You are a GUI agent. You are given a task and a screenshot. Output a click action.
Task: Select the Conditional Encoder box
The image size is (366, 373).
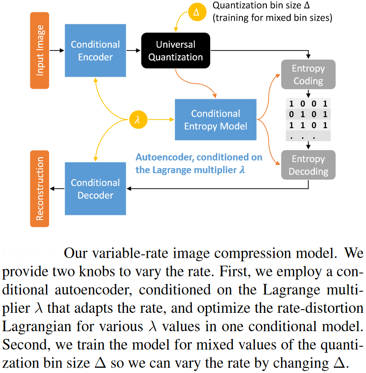95,51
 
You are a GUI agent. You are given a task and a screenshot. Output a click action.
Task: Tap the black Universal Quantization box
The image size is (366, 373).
175,51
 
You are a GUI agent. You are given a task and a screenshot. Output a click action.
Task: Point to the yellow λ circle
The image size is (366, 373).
137,120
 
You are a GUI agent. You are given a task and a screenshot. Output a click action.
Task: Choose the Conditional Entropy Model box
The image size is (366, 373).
215,120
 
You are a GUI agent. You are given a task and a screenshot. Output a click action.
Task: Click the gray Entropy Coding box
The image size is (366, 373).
308,75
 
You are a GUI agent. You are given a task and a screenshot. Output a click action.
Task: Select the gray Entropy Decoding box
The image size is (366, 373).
308,165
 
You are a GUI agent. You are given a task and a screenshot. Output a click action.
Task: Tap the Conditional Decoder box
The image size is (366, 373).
95,189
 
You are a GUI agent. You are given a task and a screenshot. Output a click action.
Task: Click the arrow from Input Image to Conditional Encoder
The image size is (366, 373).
56,50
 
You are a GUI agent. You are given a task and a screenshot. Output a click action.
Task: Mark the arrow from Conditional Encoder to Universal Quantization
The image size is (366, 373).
133,50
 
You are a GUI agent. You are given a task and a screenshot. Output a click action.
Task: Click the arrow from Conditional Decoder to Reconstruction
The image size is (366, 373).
57,188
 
